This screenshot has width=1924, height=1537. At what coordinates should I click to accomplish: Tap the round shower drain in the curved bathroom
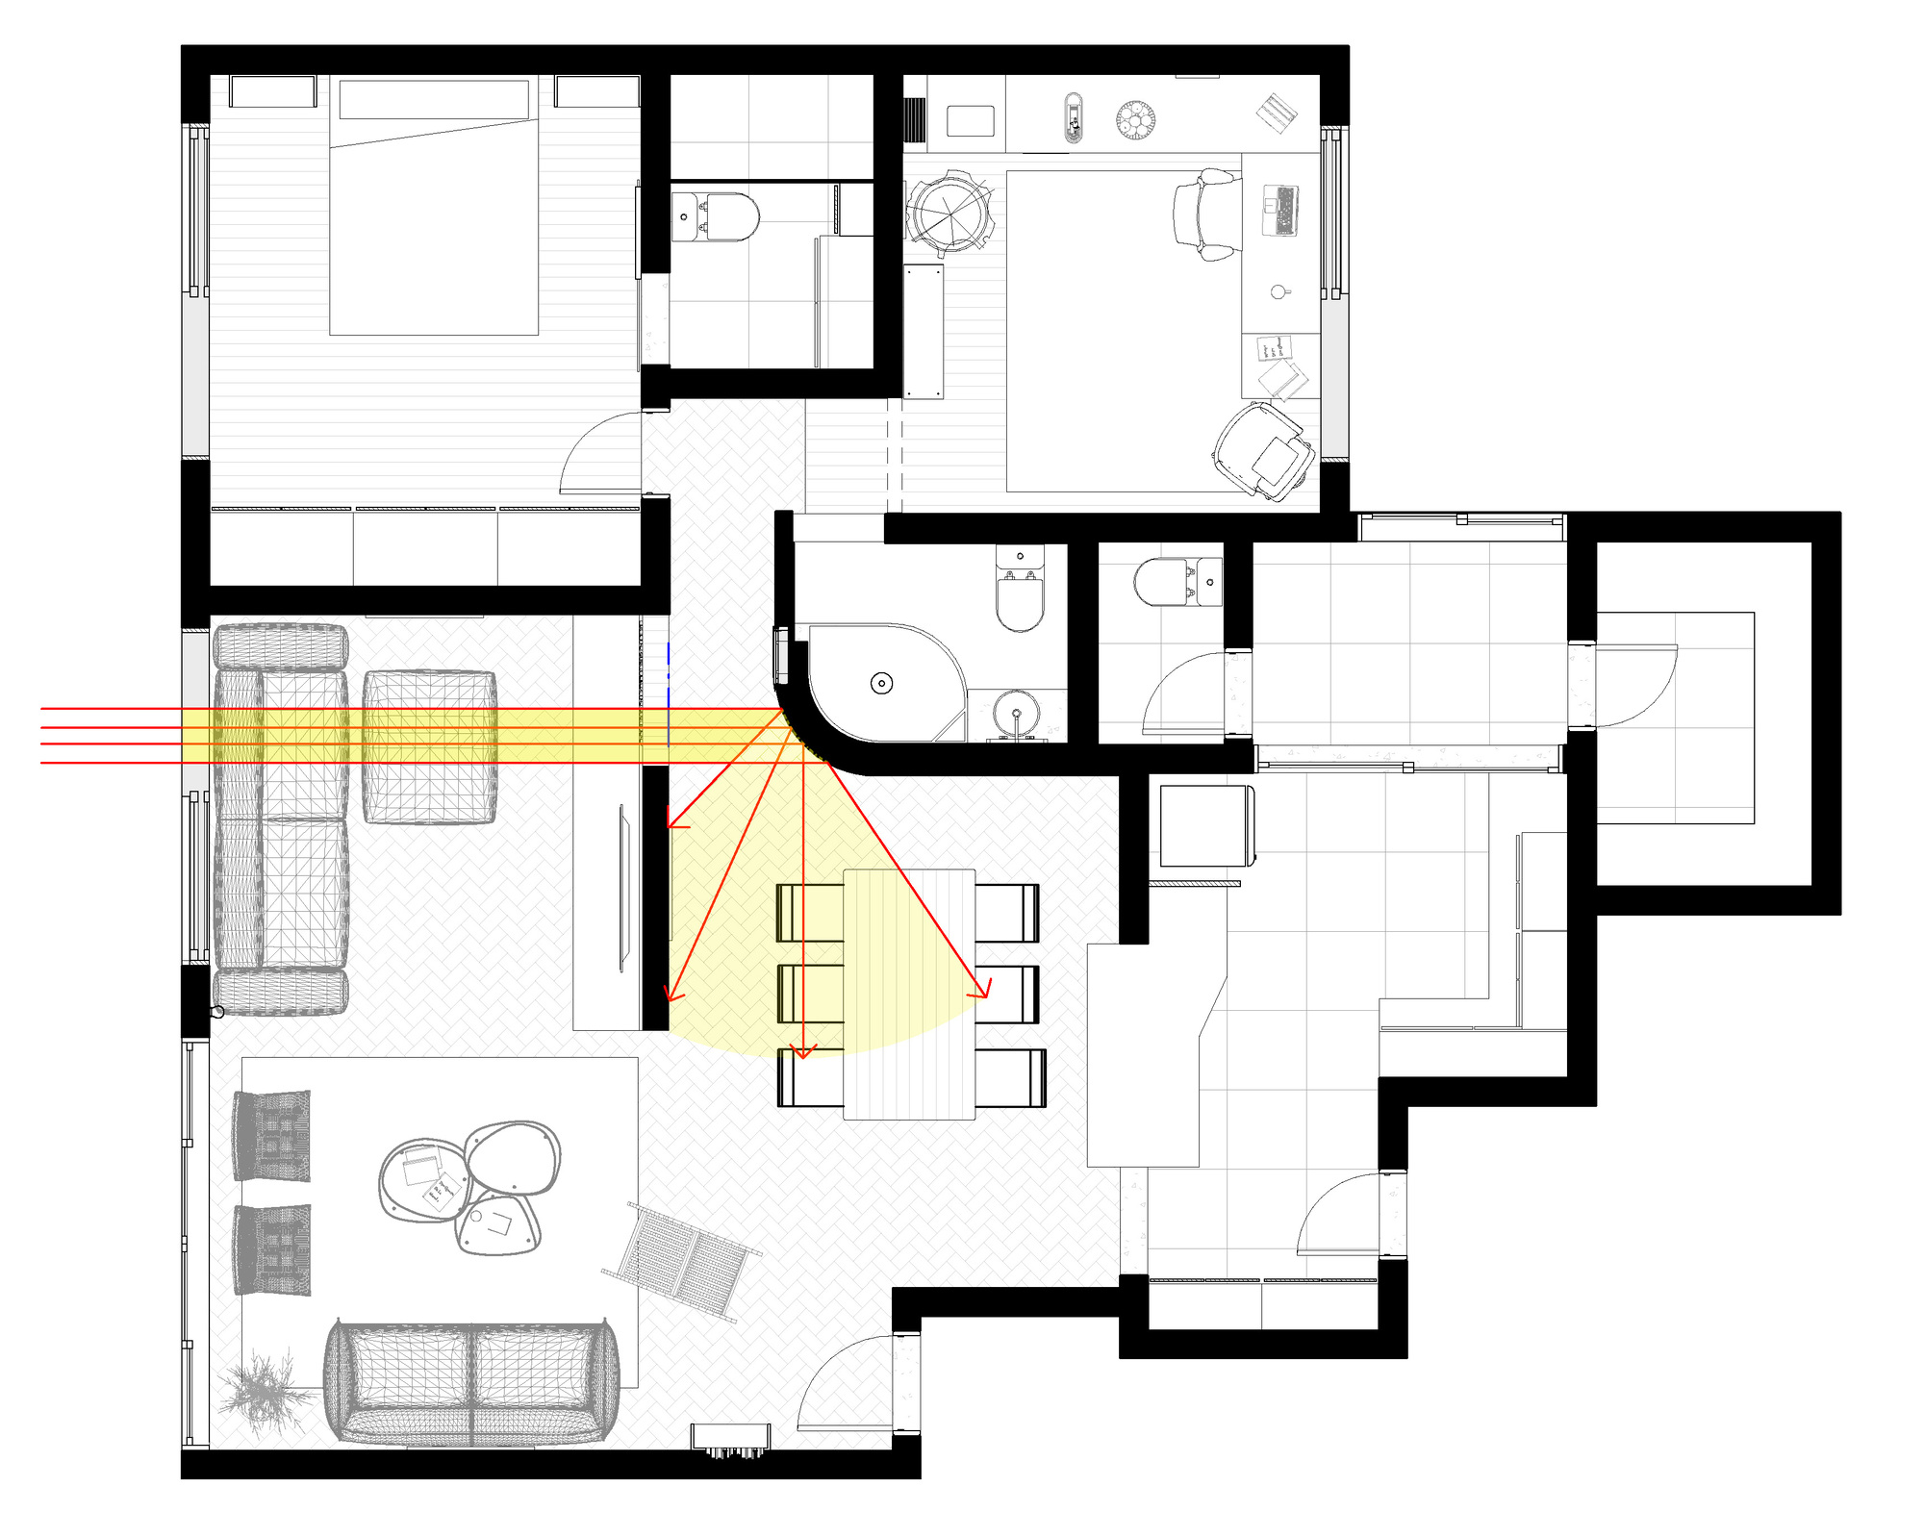pyautogui.click(x=881, y=683)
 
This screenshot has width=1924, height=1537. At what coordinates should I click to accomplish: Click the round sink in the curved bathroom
pyautogui.click(x=1017, y=714)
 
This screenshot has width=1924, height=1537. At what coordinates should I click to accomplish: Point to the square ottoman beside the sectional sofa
pyautogui.click(x=429, y=746)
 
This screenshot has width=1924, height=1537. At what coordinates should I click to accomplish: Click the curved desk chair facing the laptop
pyautogui.click(x=1202, y=214)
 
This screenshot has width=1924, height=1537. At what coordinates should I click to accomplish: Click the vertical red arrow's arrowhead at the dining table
pyautogui.click(x=803, y=1051)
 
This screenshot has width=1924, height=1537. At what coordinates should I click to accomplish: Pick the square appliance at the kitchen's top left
pyautogui.click(x=1206, y=826)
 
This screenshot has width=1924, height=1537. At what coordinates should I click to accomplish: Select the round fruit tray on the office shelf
pyautogui.click(x=1135, y=121)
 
